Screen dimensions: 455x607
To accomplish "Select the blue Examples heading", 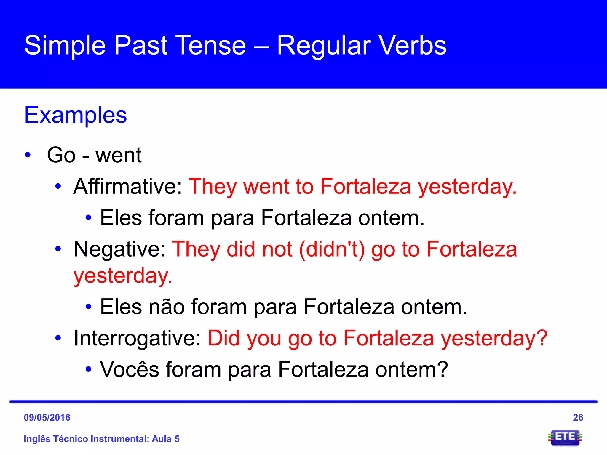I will point(76,115).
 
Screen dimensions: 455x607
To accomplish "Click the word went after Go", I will point(118,155).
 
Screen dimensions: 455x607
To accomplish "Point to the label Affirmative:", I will point(128,186).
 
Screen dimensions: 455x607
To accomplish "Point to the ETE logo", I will point(565,438).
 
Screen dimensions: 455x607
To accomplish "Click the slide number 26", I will point(578,417).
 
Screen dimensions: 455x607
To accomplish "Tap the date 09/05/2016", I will point(47,417).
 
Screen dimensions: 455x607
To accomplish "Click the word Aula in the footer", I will point(162,439).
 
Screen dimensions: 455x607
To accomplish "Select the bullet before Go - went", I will point(28,155).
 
